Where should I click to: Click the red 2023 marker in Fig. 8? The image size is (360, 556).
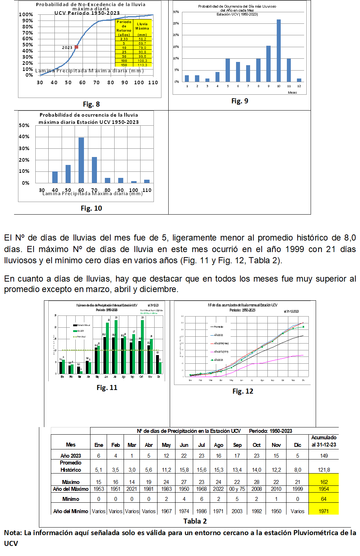tap(76, 47)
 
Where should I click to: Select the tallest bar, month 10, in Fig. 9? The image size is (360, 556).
tap(279, 50)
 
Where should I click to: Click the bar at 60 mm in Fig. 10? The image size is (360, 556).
tap(81, 160)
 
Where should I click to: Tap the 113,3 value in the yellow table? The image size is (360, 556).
tap(142, 65)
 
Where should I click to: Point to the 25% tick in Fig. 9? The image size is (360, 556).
tap(176, 23)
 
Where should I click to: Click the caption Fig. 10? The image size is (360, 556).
tap(91, 208)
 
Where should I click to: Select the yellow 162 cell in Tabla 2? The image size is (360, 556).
tap(324, 482)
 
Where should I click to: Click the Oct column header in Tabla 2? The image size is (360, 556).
tap(257, 445)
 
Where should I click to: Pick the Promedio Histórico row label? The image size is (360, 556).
tap(71, 466)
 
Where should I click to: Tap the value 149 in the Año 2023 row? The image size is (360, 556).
tap(324, 456)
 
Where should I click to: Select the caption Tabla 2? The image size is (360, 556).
tap(195, 521)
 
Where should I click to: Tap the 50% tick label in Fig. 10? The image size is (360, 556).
tap(24, 125)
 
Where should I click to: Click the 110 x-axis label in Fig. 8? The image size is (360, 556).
tap(153, 82)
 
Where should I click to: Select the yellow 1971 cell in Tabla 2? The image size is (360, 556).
tap(324, 511)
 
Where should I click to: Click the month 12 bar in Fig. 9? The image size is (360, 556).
tap(299, 80)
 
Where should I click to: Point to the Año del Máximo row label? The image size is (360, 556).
tap(71, 489)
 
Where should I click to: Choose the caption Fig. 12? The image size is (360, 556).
tap(243, 391)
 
